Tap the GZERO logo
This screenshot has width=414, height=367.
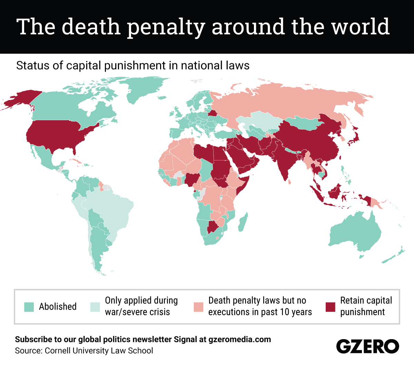(x=367, y=346)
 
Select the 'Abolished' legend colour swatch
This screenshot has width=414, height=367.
(x=29, y=307)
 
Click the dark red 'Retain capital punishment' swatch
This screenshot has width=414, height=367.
(x=331, y=307)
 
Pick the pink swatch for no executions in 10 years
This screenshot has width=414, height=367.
(x=199, y=307)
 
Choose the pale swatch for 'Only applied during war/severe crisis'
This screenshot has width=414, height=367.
(x=95, y=307)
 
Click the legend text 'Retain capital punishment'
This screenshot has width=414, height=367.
(x=366, y=306)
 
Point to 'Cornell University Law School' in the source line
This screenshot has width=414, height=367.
(x=99, y=351)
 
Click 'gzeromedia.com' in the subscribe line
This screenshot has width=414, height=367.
(x=239, y=339)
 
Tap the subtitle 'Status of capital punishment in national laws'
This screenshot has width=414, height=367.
(x=133, y=65)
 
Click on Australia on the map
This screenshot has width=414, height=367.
(x=355, y=234)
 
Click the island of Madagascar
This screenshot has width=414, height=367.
(x=243, y=222)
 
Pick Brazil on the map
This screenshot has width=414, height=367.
(x=110, y=210)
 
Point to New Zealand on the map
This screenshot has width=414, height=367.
(x=393, y=256)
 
